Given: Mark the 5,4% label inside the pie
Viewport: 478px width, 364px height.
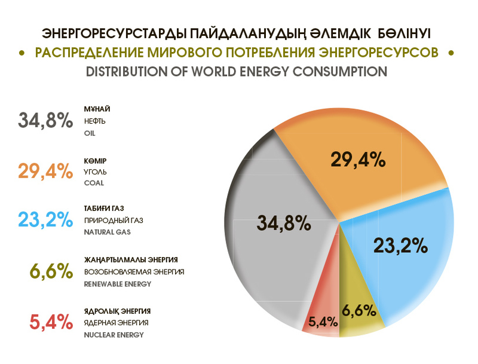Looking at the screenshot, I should pyautogui.click(x=323, y=322).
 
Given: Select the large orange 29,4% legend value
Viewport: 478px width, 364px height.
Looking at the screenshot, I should pyautogui.click(x=46, y=171).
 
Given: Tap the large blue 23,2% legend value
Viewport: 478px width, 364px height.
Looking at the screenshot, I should pyautogui.click(x=46, y=219).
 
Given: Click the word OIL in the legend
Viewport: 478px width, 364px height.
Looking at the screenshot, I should pyautogui.click(x=90, y=133).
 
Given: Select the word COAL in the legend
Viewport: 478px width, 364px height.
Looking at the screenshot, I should pyautogui.click(x=94, y=183).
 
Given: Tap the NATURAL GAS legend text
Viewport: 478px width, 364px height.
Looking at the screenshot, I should pyautogui.click(x=107, y=232).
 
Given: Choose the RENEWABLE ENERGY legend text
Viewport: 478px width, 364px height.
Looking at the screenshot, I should pyautogui.click(x=118, y=284).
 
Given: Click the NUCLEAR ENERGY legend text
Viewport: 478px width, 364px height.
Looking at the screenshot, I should pyautogui.click(x=114, y=335).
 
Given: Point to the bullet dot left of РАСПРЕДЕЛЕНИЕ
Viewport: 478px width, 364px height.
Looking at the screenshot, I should pyautogui.click(x=22, y=53).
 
